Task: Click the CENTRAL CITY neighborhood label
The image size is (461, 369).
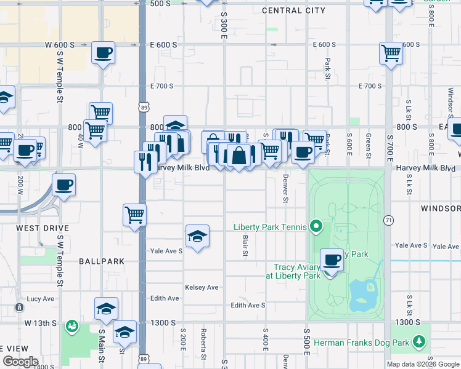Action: (x=293, y=10)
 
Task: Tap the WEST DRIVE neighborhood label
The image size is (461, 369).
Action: (x=43, y=228)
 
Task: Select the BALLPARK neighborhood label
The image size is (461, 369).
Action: (x=102, y=261)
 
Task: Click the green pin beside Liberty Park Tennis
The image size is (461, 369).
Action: (x=316, y=227)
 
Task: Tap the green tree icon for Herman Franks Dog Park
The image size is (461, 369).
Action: (x=420, y=341)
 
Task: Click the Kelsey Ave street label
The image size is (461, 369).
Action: (x=202, y=287)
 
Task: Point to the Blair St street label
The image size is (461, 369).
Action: (x=245, y=245)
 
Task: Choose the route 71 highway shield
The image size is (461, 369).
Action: (x=388, y=220)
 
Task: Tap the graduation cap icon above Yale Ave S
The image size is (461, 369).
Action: (x=197, y=236)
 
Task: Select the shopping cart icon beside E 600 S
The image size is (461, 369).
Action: (x=391, y=53)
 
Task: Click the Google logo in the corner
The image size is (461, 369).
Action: (x=20, y=362)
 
